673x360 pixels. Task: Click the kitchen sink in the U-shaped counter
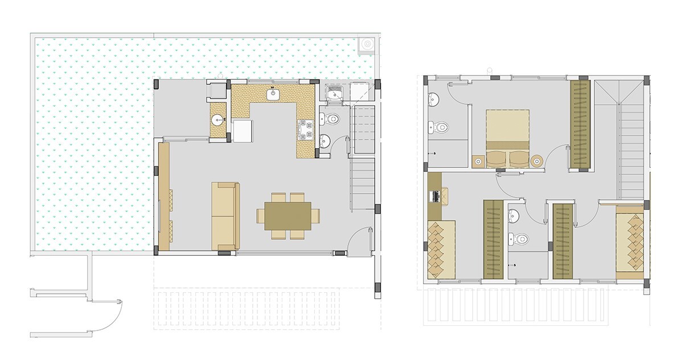point(273,93)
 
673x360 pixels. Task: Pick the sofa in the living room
point(225,216)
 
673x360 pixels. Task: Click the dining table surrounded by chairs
point(288,216)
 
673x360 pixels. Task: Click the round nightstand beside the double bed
point(536,161)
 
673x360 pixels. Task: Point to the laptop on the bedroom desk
point(435,196)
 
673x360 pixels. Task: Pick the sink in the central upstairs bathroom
point(514,215)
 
